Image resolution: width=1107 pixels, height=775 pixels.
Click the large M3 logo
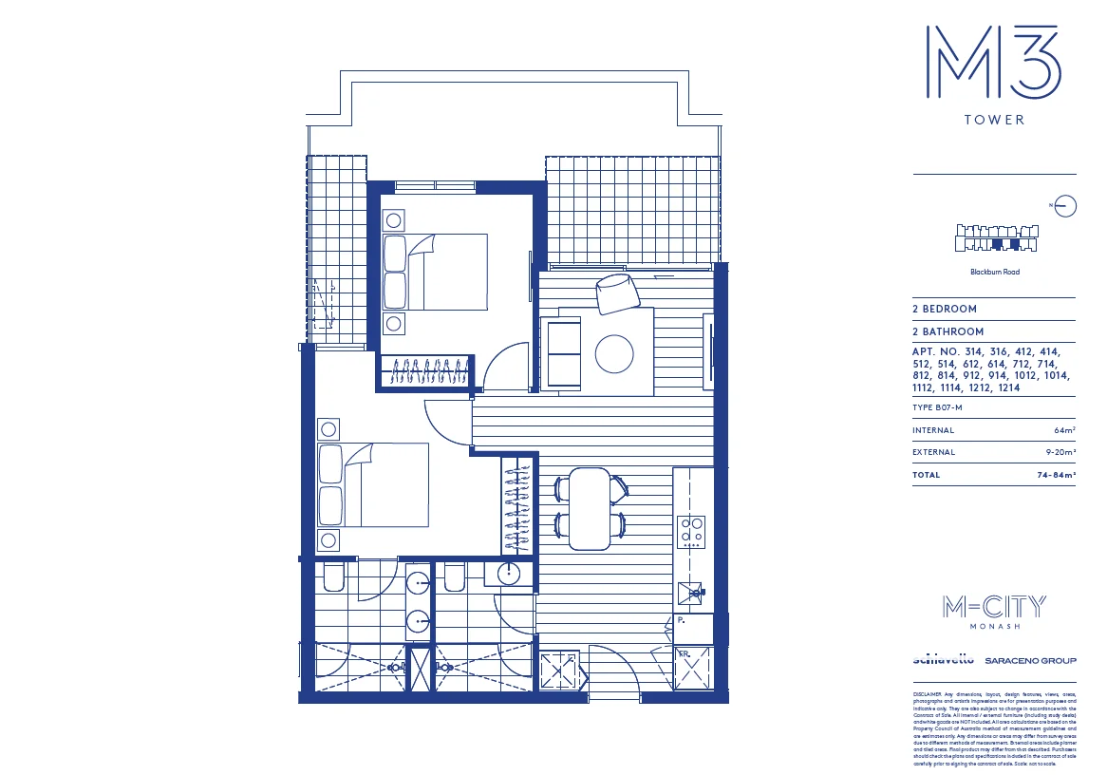pyautogui.click(x=993, y=62)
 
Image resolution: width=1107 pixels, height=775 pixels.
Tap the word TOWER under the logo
pyautogui.click(x=994, y=121)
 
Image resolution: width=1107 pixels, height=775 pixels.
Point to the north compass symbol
pyautogui.click(x=1066, y=205)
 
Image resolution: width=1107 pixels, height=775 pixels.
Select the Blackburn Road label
pyautogui.click(x=995, y=273)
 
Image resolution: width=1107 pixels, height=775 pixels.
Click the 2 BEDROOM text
pyautogui.click(x=945, y=310)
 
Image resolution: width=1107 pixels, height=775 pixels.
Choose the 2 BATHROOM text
pyautogui.click(x=948, y=332)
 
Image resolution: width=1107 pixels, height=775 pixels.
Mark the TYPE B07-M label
pyautogui.click(x=937, y=408)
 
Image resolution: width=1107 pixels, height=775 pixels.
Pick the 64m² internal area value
pyautogui.click(x=1064, y=431)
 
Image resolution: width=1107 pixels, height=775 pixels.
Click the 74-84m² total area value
pyautogui.click(x=1056, y=475)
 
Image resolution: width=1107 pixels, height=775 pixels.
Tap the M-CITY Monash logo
pyautogui.click(x=994, y=610)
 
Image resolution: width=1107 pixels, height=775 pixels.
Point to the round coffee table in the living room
pyautogui.click(x=613, y=354)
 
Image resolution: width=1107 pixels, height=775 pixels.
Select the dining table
pyautogui.click(x=589, y=508)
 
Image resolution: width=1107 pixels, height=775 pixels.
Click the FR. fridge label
pyautogui.click(x=683, y=654)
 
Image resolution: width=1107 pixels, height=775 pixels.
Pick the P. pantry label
pyautogui.click(x=682, y=620)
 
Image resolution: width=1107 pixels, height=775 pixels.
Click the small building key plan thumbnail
pyautogui.click(x=995, y=237)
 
